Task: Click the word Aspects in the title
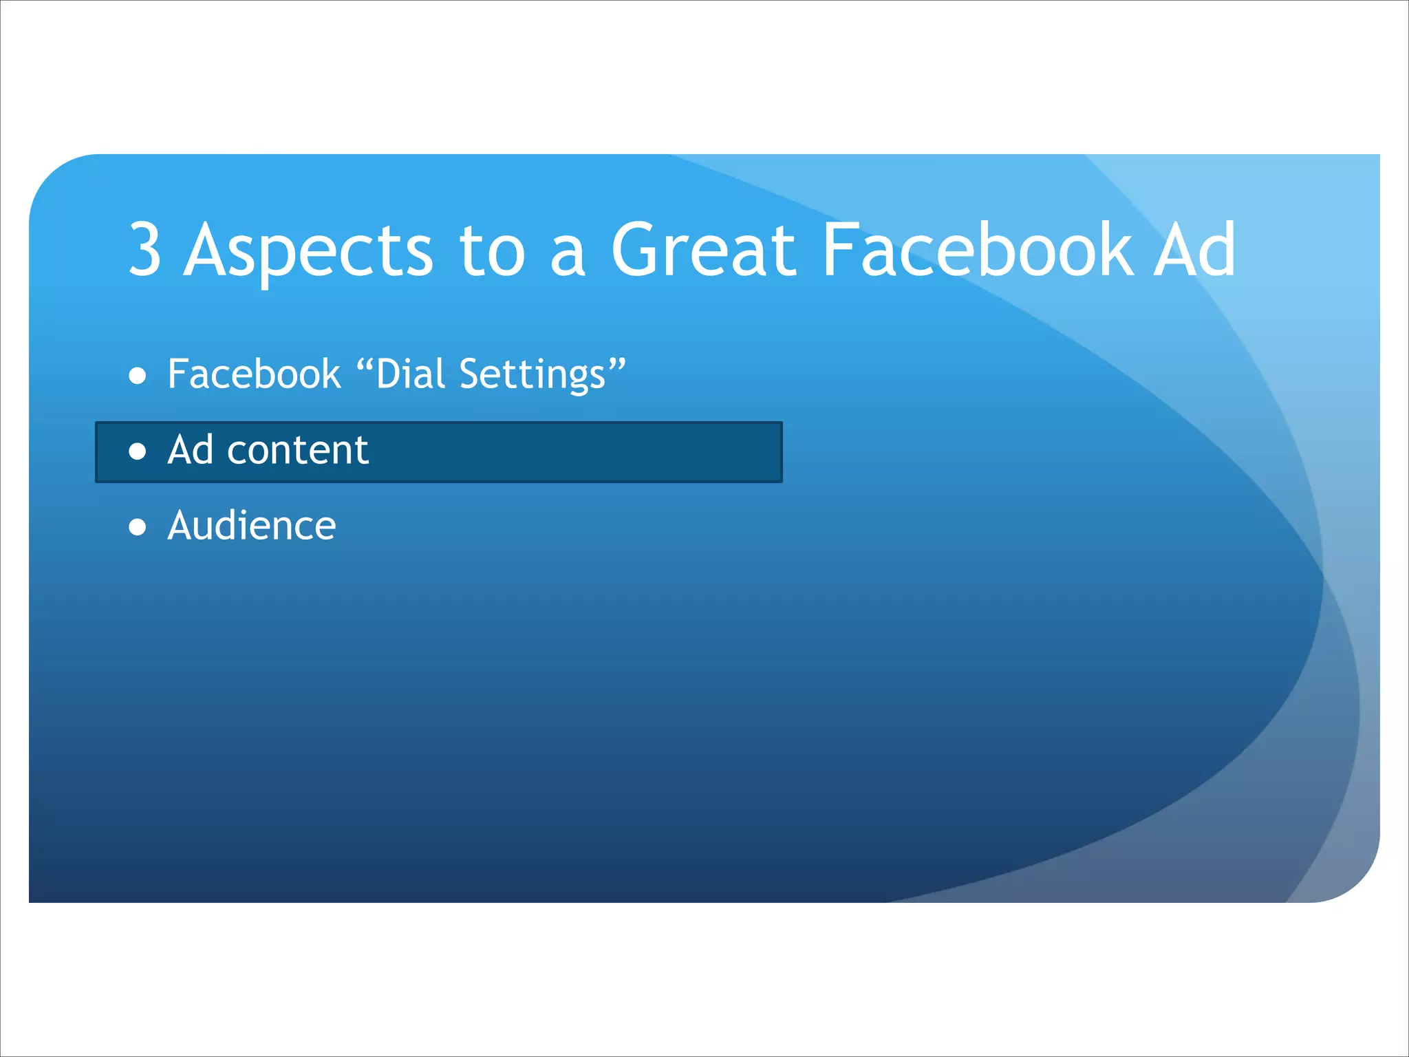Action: [308, 251]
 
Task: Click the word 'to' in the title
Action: [492, 251]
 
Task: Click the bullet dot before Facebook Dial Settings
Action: [138, 376]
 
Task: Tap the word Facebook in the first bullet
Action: [254, 374]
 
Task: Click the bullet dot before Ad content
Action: [138, 451]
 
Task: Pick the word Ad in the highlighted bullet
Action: [191, 450]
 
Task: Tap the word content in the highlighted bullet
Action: [297, 451]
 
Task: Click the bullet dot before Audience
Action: [138, 527]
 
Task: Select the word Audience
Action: [252, 526]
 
